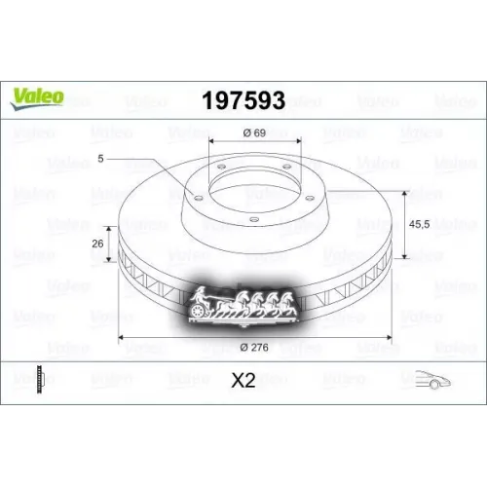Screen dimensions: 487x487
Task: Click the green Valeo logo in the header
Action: (37, 95)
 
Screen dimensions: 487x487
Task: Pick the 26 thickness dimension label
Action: (98, 243)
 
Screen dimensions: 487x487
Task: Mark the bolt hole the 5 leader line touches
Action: (199, 197)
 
